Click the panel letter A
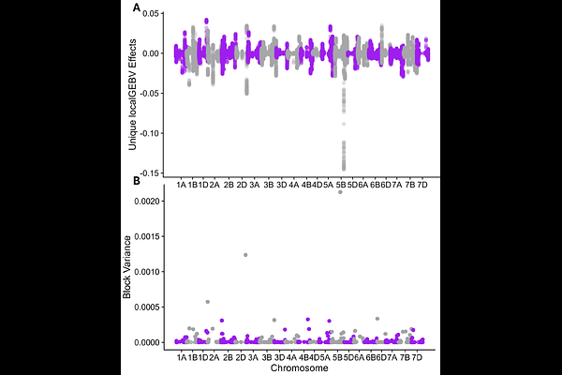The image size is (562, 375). click(137, 7)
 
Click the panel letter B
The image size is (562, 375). click(137, 181)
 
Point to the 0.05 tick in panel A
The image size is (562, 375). click(150, 14)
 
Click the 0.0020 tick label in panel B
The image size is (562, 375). click(147, 201)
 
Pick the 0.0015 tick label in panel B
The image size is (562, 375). click(147, 236)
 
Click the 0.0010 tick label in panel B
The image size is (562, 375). click(147, 272)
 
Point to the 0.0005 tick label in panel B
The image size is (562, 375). click(147, 307)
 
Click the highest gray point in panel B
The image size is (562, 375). click(340, 192)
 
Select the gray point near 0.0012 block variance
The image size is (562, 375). click(245, 255)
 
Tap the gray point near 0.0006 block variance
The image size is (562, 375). click(208, 302)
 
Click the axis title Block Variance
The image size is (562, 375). click(126, 267)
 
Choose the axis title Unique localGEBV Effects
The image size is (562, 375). click(133, 95)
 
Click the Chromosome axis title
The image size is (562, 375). click(300, 368)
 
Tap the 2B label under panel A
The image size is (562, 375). click(229, 186)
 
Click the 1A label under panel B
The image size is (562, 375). click(182, 357)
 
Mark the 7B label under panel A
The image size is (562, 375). click(410, 186)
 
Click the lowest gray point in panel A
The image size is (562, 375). click(344, 169)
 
